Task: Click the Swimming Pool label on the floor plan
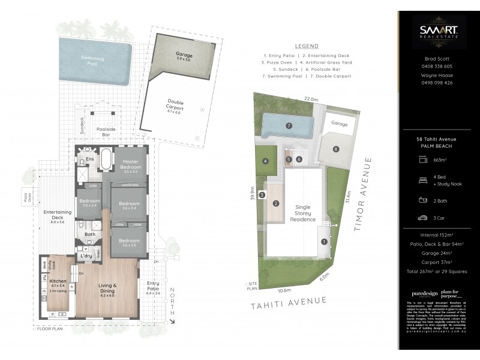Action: click(93, 58)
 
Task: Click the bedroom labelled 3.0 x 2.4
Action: click(89, 202)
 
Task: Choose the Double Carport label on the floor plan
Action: click(175, 106)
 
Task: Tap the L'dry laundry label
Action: click(86, 256)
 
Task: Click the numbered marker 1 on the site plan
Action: click(323, 242)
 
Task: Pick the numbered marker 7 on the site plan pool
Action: click(289, 126)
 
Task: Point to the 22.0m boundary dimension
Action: click(310, 98)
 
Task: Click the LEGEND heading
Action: click(307, 46)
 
